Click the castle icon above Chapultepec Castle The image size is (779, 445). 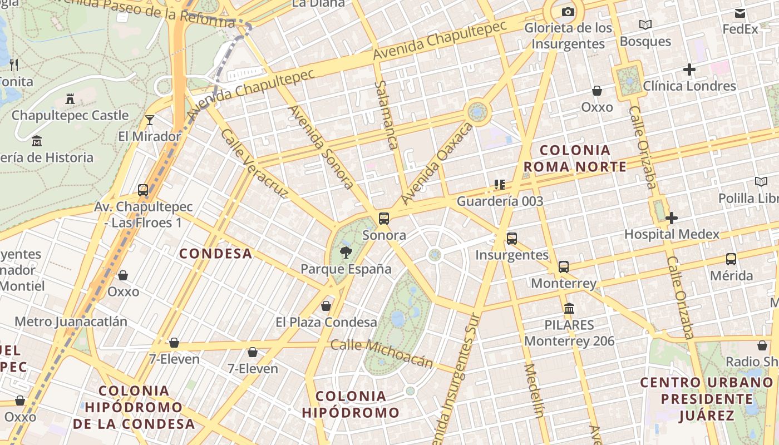pyautogui.click(x=70, y=99)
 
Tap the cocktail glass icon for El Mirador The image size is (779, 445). pyautogui.click(x=150, y=120)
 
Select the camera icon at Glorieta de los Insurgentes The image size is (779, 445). pyautogui.click(x=568, y=12)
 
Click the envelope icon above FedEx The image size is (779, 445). pyautogui.click(x=740, y=13)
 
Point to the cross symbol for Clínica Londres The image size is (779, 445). pyautogui.click(x=689, y=70)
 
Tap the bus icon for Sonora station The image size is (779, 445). pyautogui.click(x=384, y=219)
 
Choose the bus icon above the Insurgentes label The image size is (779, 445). pyautogui.click(x=512, y=239)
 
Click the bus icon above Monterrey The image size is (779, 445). pyautogui.click(x=564, y=267)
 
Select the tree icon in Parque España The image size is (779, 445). pyautogui.click(x=346, y=253)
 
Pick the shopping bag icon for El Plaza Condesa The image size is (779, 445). pyautogui.click(x=326, y=306)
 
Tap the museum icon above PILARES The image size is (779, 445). pyautogui.click(x=569, y=308)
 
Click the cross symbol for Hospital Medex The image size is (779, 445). pyautogui.click(x=672, y=218)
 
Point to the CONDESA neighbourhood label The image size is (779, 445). pyautogui.click(x=215, y=254)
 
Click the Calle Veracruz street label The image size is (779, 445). pyautogui.click(x=254, y=164)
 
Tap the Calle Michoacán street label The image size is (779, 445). pyautogui.click(x=382, y=353)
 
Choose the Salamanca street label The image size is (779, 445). pyautogui.click(x=386, y=115)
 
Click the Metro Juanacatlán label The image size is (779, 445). pyautogui.click(x=71, y=322)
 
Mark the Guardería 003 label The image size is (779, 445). pyautogui.click(x=500, y=201)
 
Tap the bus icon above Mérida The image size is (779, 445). pyautogui.click(x=731, y=259)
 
